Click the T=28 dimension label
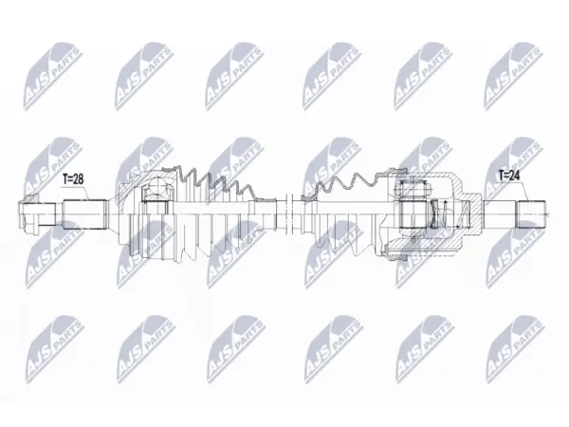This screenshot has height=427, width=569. pyautogui.click(x=73, y=178)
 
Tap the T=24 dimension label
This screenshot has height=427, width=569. pyautogui.click(x=509, y=176)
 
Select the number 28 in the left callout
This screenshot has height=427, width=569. pyautogui.click(x=79, y=178)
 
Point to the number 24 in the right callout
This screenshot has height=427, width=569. pyautogui.click(x=515, y=176)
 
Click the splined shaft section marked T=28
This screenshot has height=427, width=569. pyautogui.click(x=85, y=214)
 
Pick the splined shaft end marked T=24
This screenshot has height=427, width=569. pyautogui.click(x=531, y=214)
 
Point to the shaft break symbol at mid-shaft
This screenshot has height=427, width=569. pyautogui.click(x=289, y=214)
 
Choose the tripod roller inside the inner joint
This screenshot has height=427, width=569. pyautogui.click(x=413, y=214)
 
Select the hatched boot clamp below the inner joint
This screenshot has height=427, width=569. pyautogui.click(x=395, y=252)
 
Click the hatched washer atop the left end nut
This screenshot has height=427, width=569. pyautogui.click(x=29, y=198)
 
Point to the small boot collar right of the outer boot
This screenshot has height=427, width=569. pyautogui.click(x=266, y=199)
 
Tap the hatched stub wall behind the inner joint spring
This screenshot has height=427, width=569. pyautogui.click(x=471, y=214)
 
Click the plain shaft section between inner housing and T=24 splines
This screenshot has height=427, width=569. pyautogui.click(x=500, y=214)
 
